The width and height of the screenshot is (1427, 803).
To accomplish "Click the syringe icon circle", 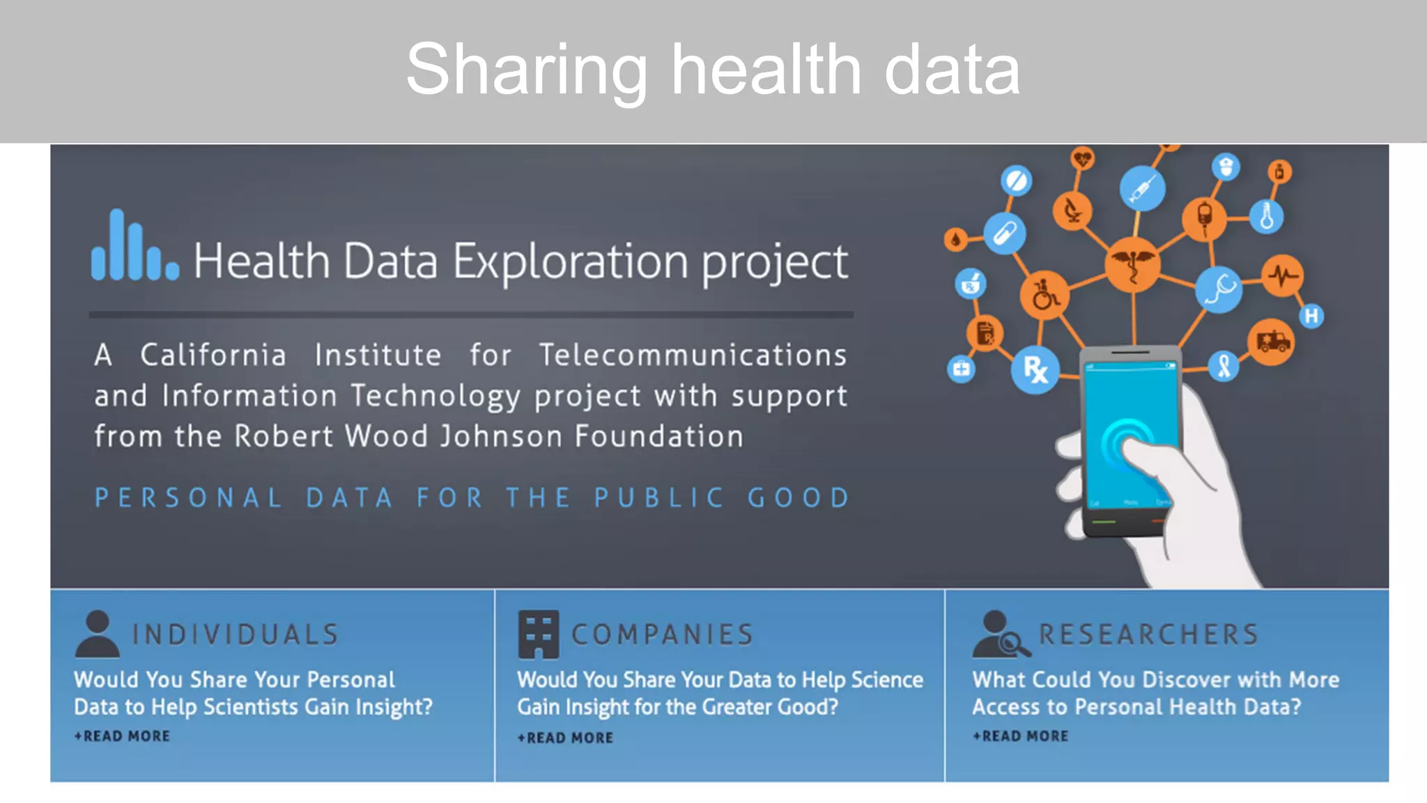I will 1142,188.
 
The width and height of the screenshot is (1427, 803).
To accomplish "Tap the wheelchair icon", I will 1044,296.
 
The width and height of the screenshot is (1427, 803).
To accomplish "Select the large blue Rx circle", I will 1035,369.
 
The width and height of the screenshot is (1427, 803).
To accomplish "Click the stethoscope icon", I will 1219,289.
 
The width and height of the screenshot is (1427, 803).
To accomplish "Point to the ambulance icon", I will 1272,342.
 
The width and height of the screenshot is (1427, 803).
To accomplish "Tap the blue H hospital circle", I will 1311,316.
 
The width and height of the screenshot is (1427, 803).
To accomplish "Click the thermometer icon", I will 1266,216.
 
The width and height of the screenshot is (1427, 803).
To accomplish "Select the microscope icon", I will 1072,210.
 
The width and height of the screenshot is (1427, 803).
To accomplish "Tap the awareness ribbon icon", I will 1224,365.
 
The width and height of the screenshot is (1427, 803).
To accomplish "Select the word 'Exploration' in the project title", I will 571,262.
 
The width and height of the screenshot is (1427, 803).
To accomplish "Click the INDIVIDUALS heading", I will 236,634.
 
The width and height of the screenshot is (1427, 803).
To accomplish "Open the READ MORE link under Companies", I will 566,737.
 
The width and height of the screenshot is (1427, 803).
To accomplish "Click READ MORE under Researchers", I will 1021,736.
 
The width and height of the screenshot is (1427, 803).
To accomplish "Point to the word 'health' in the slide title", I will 766,70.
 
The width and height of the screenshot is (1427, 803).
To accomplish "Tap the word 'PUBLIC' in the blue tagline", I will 659,498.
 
